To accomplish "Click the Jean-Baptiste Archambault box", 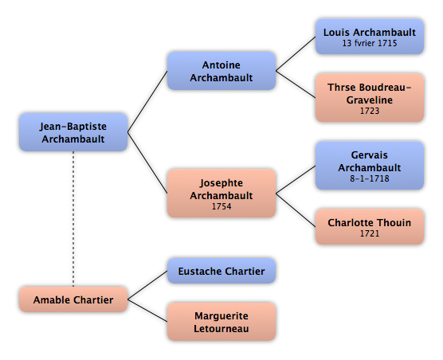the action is tap(73, 132).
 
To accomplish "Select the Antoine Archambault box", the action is tap(221, 71).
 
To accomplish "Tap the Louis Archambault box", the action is tap(370, 37).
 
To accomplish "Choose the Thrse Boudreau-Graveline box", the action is tap(370, 98).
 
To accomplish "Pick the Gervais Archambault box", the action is tap(370, 166).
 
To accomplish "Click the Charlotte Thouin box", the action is tap(370, 227).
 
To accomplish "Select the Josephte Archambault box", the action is tap(221, 194).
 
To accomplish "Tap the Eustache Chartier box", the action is tap(221, 271).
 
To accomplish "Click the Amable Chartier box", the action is tap(73, 299).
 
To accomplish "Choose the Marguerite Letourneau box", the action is tap(221, 322).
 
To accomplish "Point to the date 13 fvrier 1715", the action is tap(370, 43).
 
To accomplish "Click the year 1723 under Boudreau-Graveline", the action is tap(370, 111).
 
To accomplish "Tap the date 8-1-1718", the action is tap(370, 178).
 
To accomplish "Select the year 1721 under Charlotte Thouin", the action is tap(370, 233).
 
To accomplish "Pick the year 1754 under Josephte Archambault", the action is tap(221, 206).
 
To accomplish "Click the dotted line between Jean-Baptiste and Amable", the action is tap(73, 219).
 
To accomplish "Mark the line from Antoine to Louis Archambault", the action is tap(296, 53).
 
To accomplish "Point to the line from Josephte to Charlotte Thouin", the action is tap(296, 210).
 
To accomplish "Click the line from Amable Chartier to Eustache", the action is tap(147, 285).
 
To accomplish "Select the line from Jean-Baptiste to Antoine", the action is tap(147, 101).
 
